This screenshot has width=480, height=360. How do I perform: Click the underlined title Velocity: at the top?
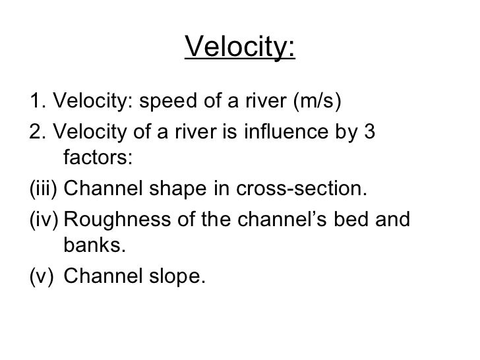(241, 47)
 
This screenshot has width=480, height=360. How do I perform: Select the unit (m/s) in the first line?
(319, 102)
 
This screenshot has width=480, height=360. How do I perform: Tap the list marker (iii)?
(44, 190)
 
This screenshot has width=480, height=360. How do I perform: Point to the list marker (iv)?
(44, 219)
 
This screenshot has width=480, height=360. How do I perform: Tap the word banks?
(92, 247)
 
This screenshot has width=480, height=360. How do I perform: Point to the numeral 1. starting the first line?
(38, 102)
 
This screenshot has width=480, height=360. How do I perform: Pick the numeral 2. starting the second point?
(38, 132)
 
